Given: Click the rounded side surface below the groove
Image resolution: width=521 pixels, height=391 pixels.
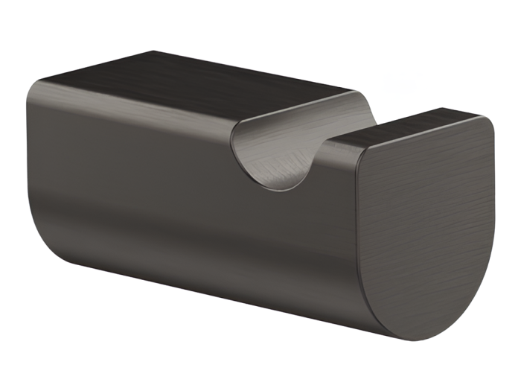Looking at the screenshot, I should pyautogui.click(x=223, y=223).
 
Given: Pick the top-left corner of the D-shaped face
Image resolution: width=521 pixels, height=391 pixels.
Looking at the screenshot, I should pyautogui.click(x=356, y=145).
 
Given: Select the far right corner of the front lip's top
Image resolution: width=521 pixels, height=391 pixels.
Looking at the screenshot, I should pyautogui.click(x=480, y=117).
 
